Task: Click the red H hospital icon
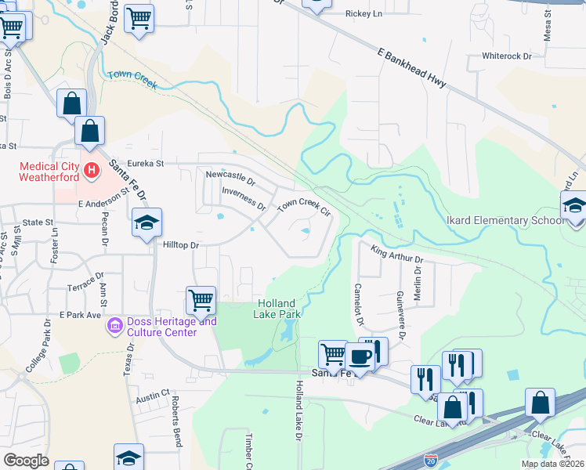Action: click(x=92, y=169)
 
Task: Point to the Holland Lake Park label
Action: click(x=278, y=309)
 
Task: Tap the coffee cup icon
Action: click(x=360, y=356)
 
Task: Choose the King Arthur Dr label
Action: click(x=397, y=254)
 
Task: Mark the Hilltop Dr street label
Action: click(x=182, y=245)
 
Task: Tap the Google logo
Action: click(x=26, y=461)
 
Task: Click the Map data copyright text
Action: click(x=552, y=464)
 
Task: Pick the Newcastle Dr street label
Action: click(x=230, y=178)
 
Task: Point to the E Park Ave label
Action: click(x=81, y=315)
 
